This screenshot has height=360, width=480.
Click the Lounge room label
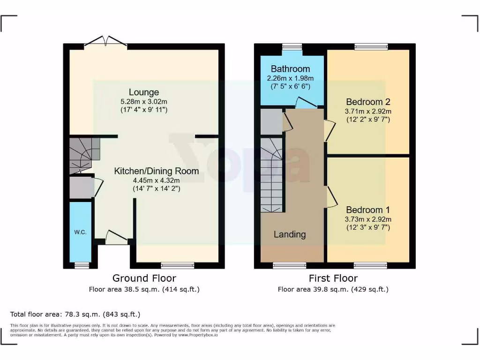144,92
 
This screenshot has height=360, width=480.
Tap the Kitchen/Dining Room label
156,171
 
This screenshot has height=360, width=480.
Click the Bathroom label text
290,69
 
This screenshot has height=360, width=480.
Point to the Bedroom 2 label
368,102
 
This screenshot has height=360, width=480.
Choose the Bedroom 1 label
368,210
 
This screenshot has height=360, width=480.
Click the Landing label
290,234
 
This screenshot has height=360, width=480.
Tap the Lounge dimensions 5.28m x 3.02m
144,101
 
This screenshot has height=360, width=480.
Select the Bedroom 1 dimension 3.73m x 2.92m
368,219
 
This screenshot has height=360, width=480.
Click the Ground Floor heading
144,278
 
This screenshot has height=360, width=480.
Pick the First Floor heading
333,278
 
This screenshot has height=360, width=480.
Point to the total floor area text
75,314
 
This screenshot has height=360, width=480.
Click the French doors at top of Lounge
106,43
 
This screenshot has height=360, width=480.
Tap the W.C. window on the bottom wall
82,265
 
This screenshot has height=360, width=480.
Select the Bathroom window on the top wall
292,46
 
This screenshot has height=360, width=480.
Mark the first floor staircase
272,176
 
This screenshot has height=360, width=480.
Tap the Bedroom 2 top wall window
371,46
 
